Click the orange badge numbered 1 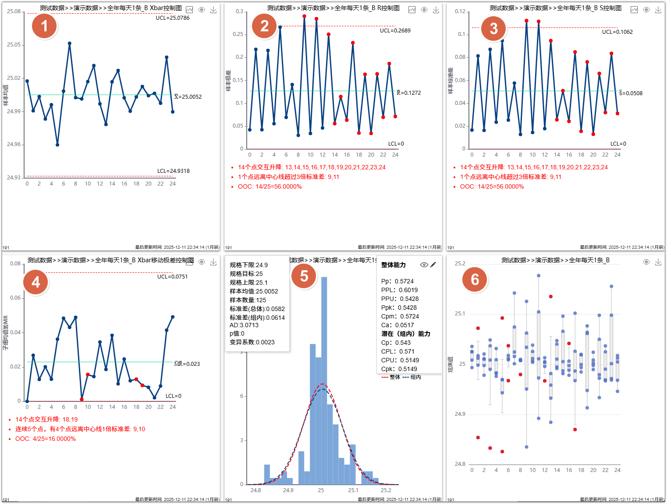(x=44, y=26)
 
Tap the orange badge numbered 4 (x=36, y=282)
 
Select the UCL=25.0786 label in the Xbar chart (x=173, y=18)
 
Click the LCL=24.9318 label (x=173, y=171)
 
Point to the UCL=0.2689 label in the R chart (x=395, y=31)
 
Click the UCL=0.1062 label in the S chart (x=617, y=32)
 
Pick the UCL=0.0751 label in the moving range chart (x=172, y=277)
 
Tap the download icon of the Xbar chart (x=213, y=10)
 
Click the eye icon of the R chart (x=424, y=10)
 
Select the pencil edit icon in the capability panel (x=433, y=265)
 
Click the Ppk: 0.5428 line (x=399, y=307)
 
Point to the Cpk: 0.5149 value (x=399, y=369)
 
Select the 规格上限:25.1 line (x=248, y=282)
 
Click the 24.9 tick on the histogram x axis (x=288, y=490)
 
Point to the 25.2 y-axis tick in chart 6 (x=460, y=264)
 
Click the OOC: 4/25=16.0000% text (x=46, y=439)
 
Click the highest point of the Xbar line (x=70, y=43)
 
